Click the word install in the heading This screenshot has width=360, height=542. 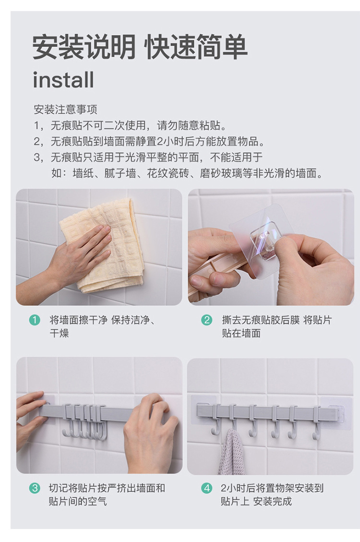click(63, 80)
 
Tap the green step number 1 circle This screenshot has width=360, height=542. click(35, 320)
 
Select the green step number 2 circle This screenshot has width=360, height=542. click(206, 320)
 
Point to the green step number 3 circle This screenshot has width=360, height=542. click(35, 488)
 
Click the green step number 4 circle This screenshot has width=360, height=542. click(206, 488)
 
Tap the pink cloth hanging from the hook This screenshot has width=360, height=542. click(231, 452)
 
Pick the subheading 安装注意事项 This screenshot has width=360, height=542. click(65, 109)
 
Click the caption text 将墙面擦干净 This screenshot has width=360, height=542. click(78, 320)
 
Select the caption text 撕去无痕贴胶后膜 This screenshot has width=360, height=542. click(261, 320)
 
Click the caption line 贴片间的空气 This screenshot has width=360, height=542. click(78, 501)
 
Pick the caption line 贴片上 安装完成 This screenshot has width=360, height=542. click(256, 501)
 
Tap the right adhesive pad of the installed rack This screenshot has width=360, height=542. click(336, 413)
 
